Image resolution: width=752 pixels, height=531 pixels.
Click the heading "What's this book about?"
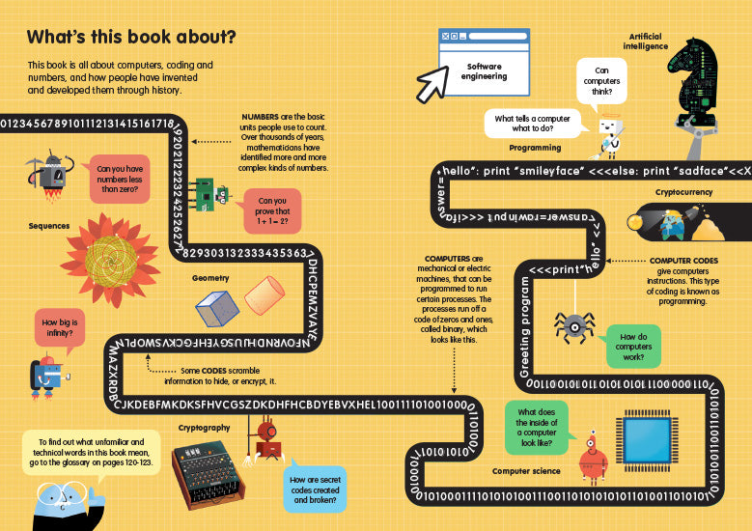(131, 38)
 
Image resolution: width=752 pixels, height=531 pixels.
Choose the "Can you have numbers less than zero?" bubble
(118, 181)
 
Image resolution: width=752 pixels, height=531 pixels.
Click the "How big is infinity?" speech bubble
(59, 328)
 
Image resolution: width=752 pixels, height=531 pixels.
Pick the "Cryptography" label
(204, 427)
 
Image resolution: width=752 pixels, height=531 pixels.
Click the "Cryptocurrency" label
(683, 193)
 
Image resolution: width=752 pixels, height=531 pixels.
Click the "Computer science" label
(526, 471)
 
